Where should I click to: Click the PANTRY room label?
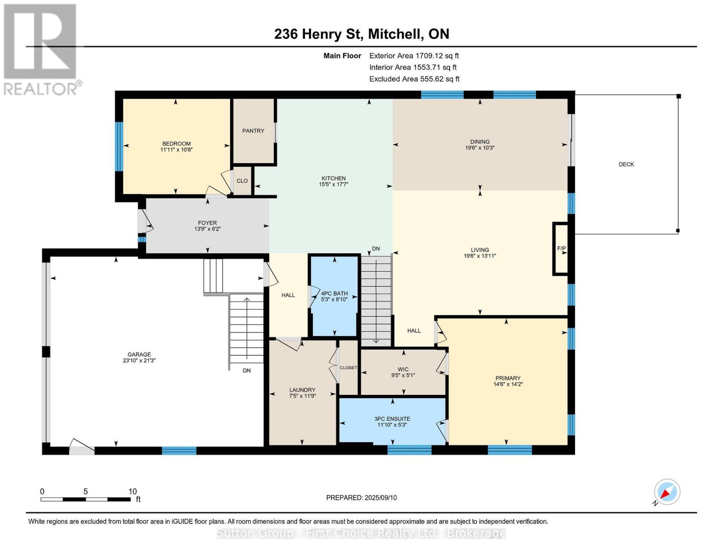253,131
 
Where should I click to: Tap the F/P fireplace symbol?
561,249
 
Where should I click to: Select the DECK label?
626,164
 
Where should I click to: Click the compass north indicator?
667,492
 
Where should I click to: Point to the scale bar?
86,499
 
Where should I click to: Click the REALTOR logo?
41,49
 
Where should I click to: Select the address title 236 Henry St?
361,34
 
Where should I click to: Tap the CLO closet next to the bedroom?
242,181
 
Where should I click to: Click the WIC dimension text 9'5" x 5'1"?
403,376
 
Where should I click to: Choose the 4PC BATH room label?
334,293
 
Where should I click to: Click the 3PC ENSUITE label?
392,419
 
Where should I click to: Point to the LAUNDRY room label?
302,390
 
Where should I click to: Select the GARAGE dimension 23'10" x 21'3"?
139,360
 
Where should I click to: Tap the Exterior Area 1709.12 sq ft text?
414,56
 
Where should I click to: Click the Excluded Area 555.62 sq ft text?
414,79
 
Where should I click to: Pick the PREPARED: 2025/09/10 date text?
361,498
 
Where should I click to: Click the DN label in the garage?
247,371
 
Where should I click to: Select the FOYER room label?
207,223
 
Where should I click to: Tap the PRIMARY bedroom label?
507,378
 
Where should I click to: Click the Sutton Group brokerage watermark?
361,533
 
